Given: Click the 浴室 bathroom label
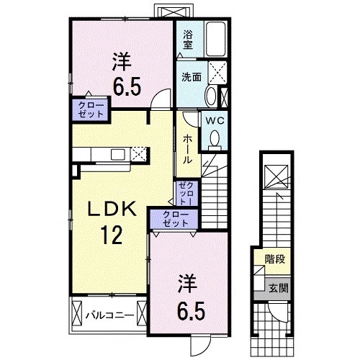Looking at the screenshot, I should [188, 39].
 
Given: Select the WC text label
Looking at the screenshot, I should [214, 121].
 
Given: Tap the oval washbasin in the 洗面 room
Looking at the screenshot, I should [209, 96].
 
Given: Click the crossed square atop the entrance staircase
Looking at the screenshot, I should [276, 176].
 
